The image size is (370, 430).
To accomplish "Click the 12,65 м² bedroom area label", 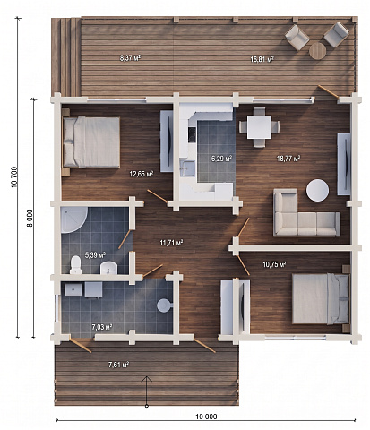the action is (x=142, y=174).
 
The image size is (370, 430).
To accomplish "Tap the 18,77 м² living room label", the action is (x=288, y=159).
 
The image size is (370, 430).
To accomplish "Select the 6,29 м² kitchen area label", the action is (x=222, y=159).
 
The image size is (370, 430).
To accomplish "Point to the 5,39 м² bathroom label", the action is (x=96, y=255).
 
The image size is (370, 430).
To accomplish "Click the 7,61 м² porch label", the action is (x=118, y=365).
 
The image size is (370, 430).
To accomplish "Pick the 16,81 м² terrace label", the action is (x=262, y=59).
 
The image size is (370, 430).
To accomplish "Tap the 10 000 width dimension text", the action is (x=206, y=417).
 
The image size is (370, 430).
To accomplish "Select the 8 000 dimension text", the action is (x=30, y=219).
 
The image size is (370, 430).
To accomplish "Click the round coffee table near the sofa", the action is (x=317, y=190).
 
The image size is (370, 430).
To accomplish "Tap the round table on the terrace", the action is (x=317, y=51).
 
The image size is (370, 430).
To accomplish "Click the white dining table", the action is (x=260, y=127).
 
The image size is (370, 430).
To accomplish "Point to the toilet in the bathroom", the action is (x=75, y=265).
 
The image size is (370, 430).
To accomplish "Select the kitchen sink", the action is (x=187, y=168).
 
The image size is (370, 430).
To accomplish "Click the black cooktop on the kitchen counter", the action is (x=192, y=134).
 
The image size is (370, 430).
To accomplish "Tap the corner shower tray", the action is (x=73, y=220).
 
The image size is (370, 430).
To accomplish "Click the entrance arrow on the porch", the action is (x=146, y=391).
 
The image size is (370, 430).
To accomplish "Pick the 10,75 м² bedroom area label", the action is (x=274, y=264).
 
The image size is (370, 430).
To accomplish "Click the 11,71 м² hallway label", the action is (x=171, y=243).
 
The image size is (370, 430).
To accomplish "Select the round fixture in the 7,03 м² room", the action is (x=164, y=305).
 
